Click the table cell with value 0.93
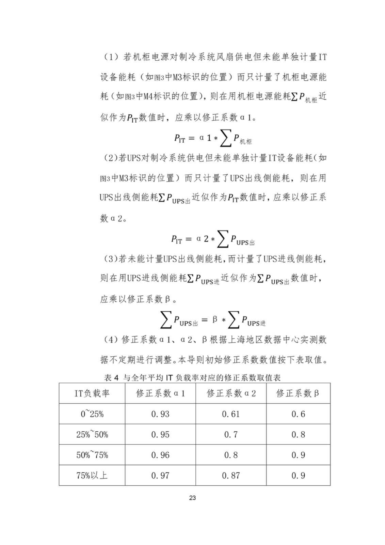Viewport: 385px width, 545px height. [x=160, y=414]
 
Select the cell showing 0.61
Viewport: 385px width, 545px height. [x=230, y=414]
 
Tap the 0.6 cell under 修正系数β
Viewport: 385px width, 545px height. [x=298, y=414]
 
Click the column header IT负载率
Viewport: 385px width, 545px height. [x=92, y=393]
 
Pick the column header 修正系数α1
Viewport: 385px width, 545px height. [x=160, y=393]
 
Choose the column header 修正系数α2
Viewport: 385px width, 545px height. [x=231, y=393]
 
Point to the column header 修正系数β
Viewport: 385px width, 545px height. [x=298, y=393]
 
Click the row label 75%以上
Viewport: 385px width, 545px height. [x=92, y=476]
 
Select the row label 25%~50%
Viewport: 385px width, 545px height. [x=92, y=435]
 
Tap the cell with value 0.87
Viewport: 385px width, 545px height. [x=230, y=476]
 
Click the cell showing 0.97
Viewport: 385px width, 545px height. [x=160, y=476]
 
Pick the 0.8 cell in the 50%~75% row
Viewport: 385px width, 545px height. [x=230, y=455]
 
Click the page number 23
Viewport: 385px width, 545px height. [x=192, y=498]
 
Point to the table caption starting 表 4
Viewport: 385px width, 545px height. [x=192, y=377]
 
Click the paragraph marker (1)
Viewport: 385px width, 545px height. [x=111, y=57]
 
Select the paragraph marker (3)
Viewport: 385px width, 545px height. [x=111, y=259]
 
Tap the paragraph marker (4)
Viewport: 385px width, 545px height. [x=111, y=340]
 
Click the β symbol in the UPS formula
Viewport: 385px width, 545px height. [x=214, y=320]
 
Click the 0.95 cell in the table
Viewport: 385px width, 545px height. [x=160, y=435]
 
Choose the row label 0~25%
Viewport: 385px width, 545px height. [x=92, y=414]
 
